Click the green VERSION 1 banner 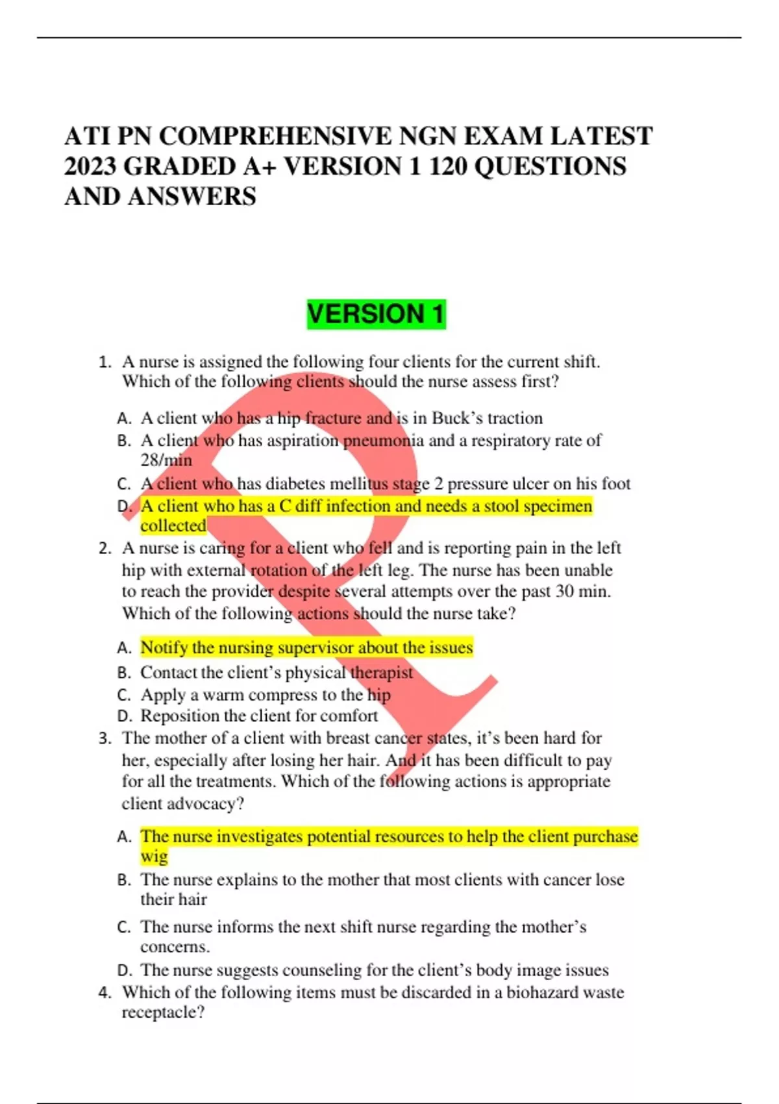376,314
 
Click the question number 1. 105,362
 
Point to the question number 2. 105,549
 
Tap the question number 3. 105,738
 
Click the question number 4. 105,993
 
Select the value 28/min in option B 166,460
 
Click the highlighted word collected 173,526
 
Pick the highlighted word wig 154,857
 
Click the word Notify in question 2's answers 164,647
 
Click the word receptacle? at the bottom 163,1013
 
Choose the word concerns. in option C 175,947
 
